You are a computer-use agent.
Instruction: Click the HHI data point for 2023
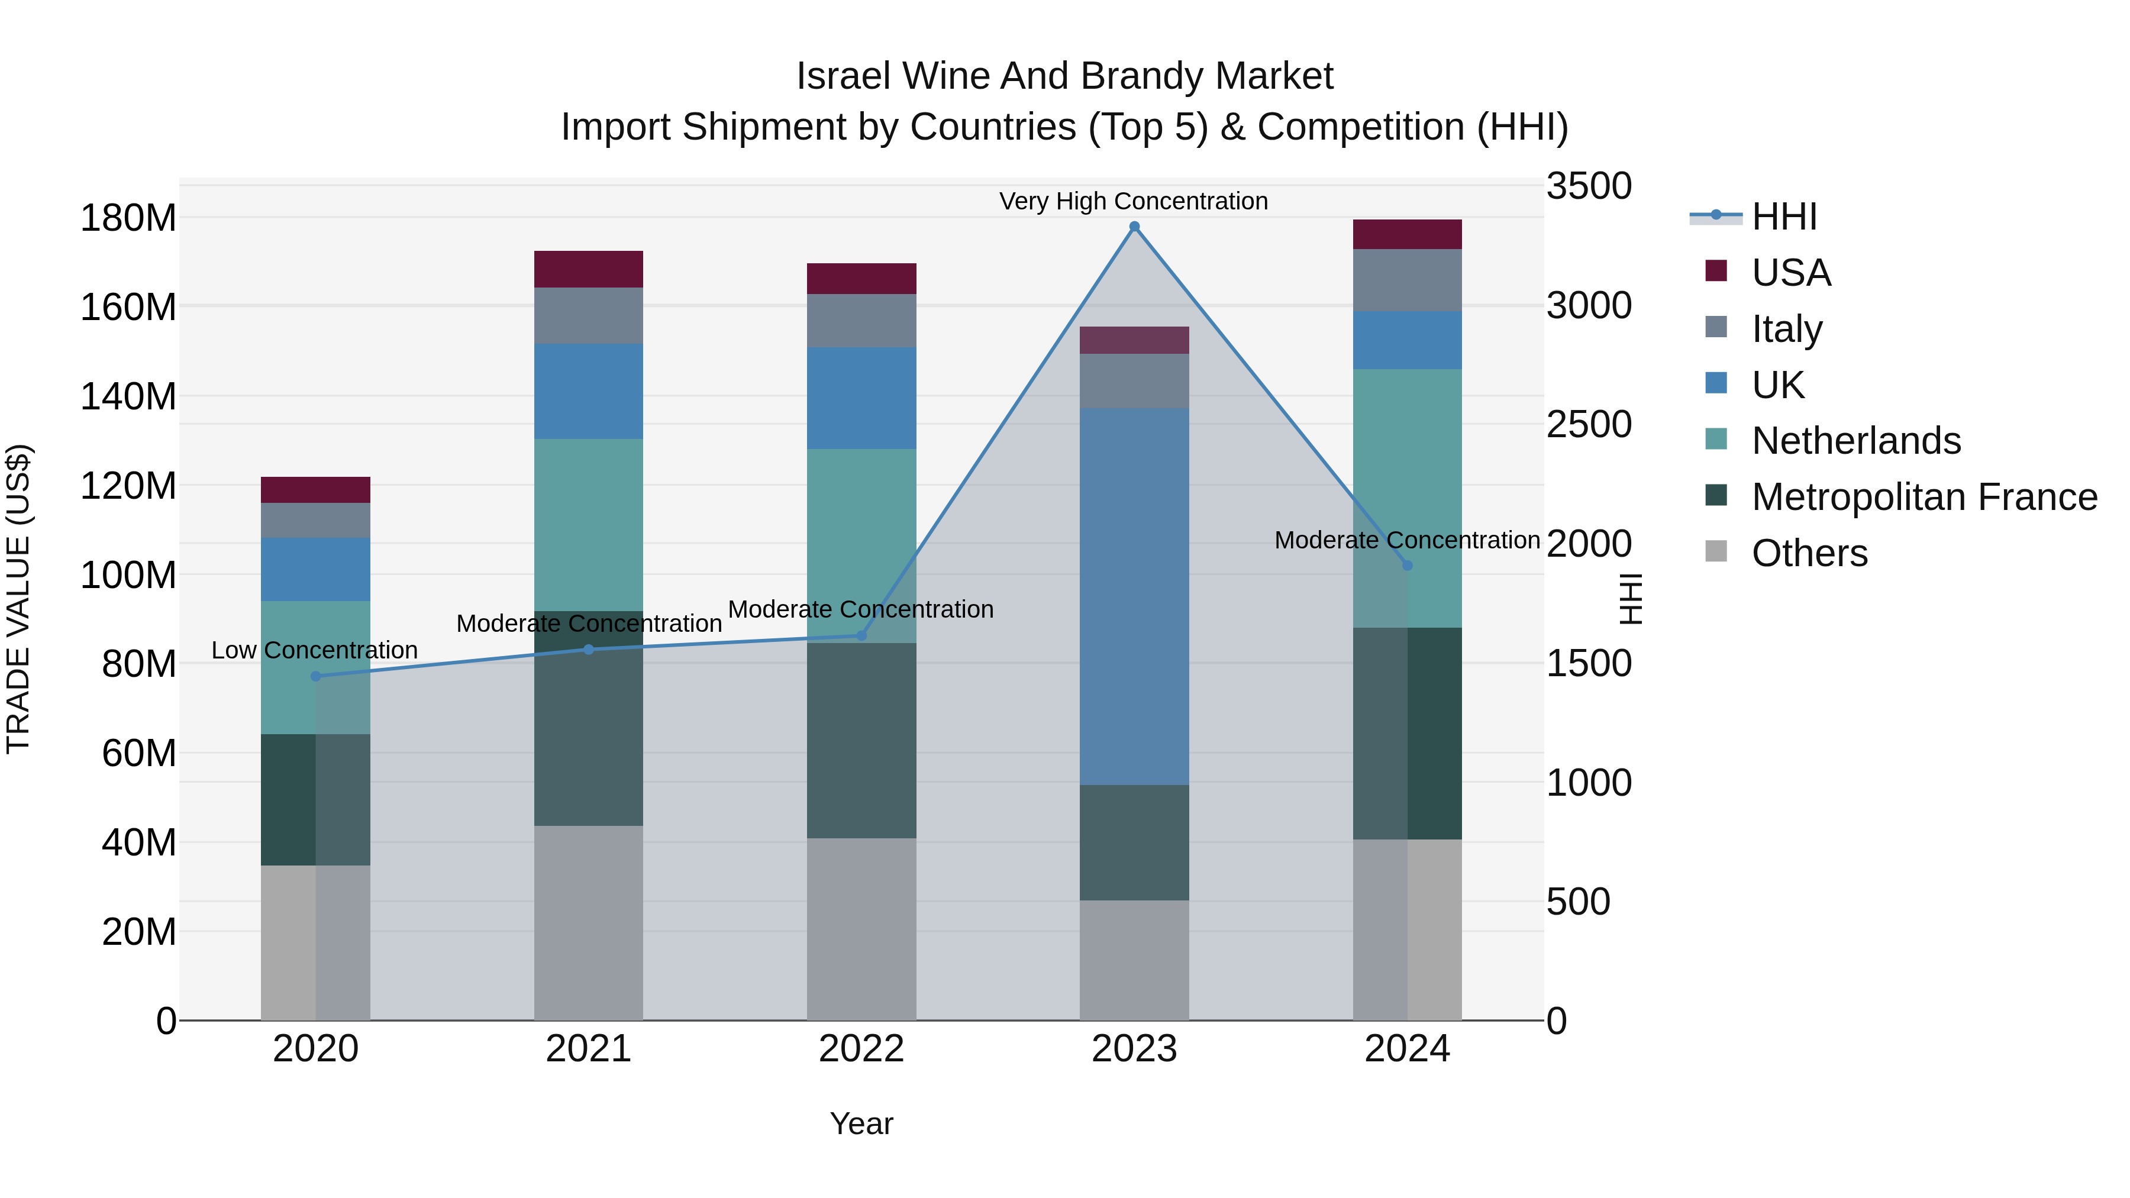pos(1134,227)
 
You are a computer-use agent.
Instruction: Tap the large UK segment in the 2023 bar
pos(1134,595)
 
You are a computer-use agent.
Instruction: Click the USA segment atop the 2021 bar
pos(588,269)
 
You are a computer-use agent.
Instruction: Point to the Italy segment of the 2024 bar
pos(1408,279)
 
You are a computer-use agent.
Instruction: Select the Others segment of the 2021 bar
pos(588,922)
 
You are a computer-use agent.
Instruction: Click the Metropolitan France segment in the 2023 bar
pos(1134,842)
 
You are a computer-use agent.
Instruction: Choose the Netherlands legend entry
pos(1855,441)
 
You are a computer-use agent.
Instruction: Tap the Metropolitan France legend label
pos(1924,497)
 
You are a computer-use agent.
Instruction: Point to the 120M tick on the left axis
pos(128,485)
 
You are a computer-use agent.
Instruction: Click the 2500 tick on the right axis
pos(1589,424)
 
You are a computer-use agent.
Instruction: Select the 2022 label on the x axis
pos(861,1048)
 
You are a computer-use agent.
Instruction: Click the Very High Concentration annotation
pos(1133,201)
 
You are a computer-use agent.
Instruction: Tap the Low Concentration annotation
pos(314,650)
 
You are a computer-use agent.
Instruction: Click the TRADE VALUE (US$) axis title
pos(18,599)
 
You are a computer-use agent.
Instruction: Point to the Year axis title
pos(861,1123)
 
